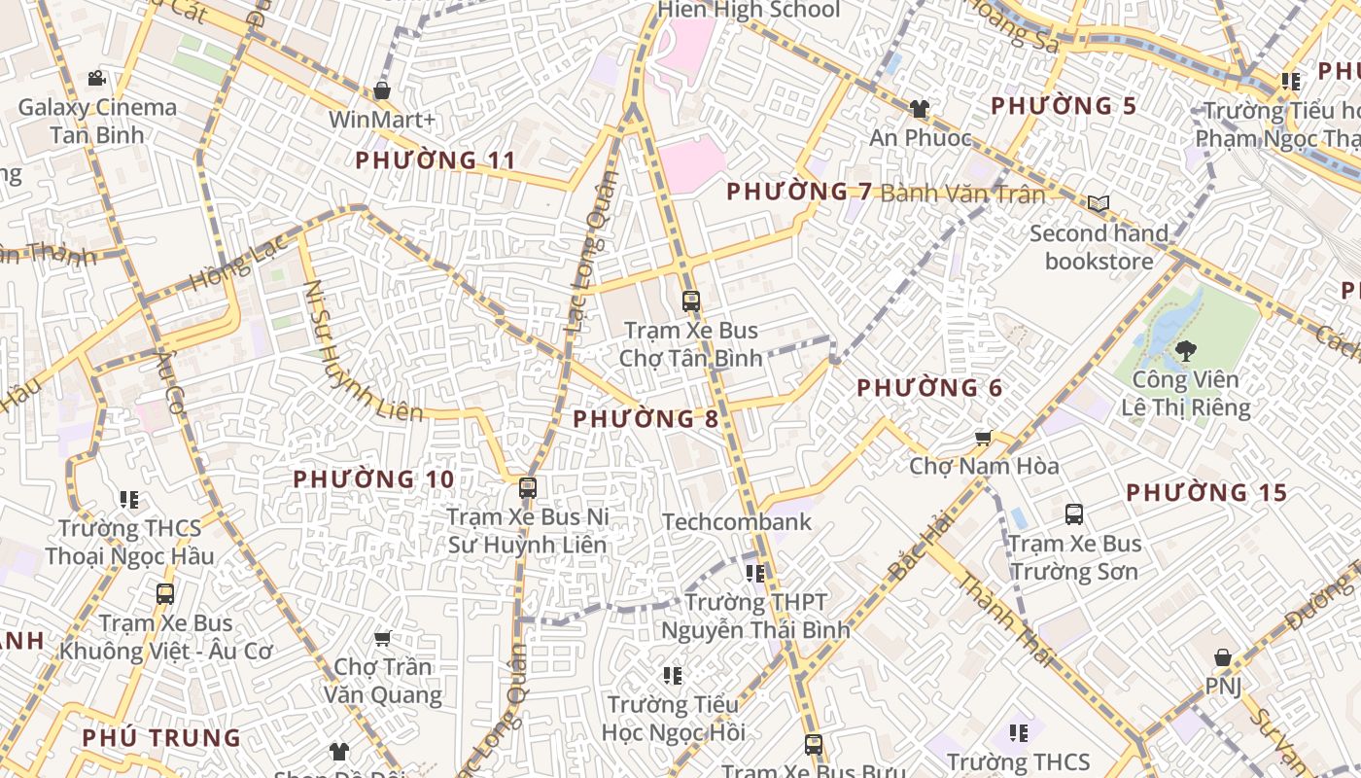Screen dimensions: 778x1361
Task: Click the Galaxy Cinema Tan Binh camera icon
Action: click(x=96, y=78)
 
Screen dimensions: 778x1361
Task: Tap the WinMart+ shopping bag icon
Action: click(x=382, y=90)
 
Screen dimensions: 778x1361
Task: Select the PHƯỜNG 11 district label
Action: click(x=435, y=160)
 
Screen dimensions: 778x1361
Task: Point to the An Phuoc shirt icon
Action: click(x=919, y=108)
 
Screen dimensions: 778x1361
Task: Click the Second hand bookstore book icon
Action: click(x=1099, y=203)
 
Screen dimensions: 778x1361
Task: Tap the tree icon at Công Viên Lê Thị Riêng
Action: click(x=1185, y=350)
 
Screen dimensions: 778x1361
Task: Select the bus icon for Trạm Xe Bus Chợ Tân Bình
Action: click(x=691, y=301)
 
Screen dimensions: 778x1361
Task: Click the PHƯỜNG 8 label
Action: click(x=646, y=419)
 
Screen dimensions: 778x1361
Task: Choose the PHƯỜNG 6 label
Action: click(x=928, y=388)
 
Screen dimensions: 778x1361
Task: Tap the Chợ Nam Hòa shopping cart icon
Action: click(x=983, y=438)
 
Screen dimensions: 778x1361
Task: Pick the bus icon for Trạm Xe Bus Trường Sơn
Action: click(x=1074, y=513)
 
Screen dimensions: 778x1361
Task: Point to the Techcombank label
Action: click(x=736, y=522)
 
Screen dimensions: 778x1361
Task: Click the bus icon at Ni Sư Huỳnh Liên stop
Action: click(x=528, y=487)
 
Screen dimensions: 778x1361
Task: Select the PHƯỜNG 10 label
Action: click(x=373, y=479)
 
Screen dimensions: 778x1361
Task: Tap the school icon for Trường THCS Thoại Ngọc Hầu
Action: click(x=129, y=499)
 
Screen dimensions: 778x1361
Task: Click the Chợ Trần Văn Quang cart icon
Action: click(x=382, y=638)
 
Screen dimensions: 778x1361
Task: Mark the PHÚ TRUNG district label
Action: click(x=161, y=738)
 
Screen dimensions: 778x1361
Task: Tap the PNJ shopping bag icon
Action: click(x=1223, y=657)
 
